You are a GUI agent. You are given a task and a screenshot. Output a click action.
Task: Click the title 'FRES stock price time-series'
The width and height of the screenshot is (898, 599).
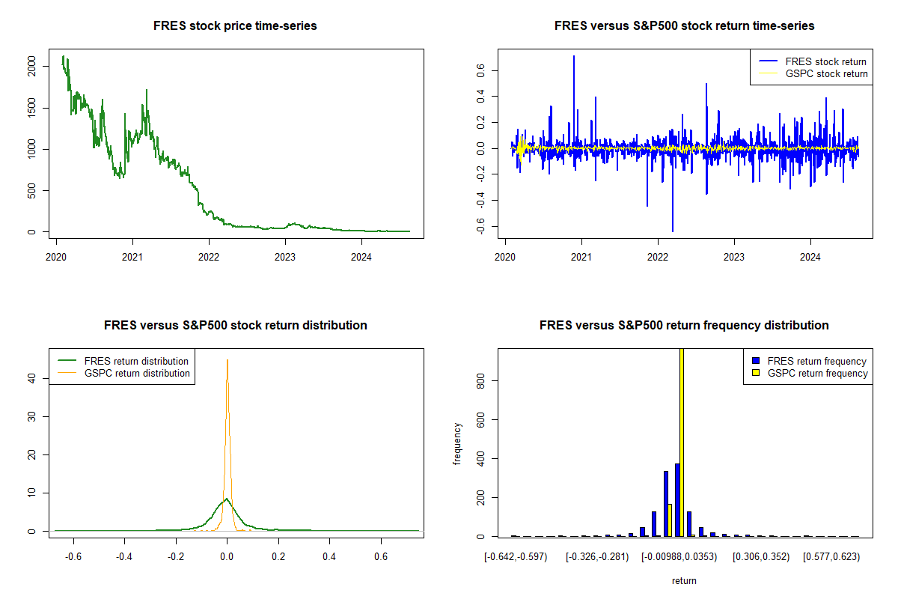point(235,26)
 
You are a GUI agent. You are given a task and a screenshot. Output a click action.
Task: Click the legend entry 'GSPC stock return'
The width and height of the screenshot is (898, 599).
point(826,74)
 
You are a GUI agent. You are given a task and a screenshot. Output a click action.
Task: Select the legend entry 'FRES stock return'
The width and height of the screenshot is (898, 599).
point(826,61)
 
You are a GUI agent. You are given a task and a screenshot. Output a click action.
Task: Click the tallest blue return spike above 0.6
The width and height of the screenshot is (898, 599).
point(574,56)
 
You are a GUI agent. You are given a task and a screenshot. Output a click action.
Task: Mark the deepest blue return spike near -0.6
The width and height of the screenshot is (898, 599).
point(673,231)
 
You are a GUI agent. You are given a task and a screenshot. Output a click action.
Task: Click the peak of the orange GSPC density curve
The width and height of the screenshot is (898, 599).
point(227,360)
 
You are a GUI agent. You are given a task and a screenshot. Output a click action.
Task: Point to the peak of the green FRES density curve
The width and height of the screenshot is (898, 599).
point(226,499)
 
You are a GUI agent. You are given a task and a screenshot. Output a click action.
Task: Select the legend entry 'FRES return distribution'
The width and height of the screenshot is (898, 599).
point(136,361)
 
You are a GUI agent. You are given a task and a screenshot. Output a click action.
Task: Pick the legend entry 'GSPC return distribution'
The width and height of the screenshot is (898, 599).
point(137,373)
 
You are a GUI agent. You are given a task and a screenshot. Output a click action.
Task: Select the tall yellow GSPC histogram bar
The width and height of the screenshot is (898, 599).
point(682,442)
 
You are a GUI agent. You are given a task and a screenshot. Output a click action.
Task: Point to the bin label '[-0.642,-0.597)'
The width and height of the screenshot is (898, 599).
point(516,557)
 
